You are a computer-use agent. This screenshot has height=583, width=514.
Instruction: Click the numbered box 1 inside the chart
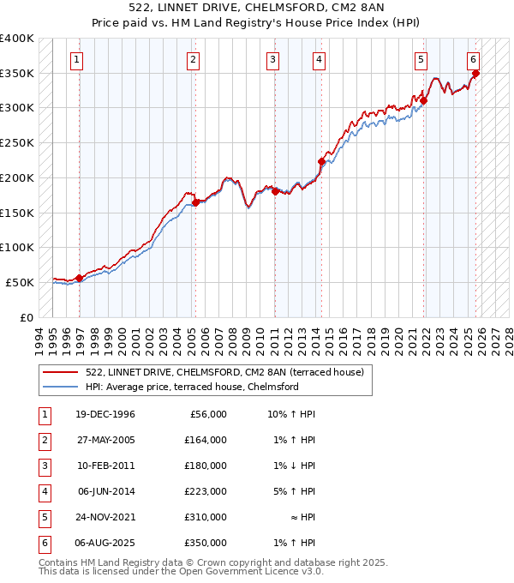click(x=77, y=60)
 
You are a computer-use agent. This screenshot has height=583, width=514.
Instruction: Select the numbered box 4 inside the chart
click(x=319, y=60)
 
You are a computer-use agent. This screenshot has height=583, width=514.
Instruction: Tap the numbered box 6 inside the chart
click(x=473, y=60)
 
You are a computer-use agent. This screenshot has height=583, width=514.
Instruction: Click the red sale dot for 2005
click(x=195, y=202)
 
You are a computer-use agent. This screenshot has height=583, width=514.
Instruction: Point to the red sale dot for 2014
click(x=321, y=161)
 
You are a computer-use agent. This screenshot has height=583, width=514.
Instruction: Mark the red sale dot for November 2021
click(x=424, y=100)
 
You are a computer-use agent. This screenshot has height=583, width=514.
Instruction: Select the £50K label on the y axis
click(x=21, y=282)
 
